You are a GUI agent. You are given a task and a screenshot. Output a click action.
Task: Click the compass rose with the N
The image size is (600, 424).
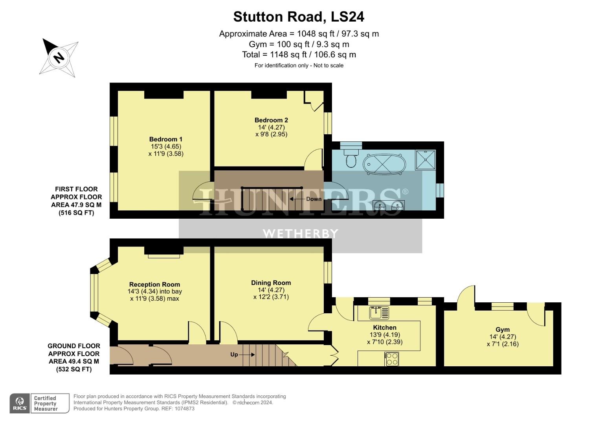pyautogui.click(x=59, y=57)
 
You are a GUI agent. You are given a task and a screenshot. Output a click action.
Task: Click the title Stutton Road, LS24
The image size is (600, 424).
pyautogui.click(x=299, y=16)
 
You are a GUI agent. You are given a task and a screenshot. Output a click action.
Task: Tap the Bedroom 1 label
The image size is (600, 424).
pyautogui.click(x=165, y=139)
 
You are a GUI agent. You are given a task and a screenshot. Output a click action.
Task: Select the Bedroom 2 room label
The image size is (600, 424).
pyautogui.click(x=271, y=120)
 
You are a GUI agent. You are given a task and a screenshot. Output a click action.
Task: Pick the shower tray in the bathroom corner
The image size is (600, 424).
pyautogui.click(x=426, y=159)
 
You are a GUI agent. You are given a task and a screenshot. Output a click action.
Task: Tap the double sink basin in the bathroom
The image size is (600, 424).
pyautogui.click(x=388, y=205)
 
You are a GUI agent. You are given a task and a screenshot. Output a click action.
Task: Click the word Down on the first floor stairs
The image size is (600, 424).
pyautogui.click(x=314, y=199)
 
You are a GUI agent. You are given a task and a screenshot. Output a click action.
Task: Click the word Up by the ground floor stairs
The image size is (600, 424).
pyautogui.click(x=234, y=355)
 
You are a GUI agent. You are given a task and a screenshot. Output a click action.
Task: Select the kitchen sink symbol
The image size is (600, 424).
pyautogui.click(x=379, y=313)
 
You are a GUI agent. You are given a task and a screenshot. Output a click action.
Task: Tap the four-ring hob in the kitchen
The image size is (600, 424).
pyautogui.click(x=392, y=359)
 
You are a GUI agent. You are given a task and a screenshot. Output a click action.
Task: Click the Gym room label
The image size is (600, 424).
pyautogui.click(x=502, y=330)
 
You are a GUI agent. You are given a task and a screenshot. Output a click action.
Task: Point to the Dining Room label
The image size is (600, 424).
pyautogui.click(x=271, y=283)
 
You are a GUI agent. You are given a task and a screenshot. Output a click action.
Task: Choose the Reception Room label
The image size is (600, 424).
pyautogui.click(x=154, y=285)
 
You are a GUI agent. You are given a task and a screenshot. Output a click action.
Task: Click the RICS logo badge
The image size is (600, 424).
pyautogui.click(x=20, y=403)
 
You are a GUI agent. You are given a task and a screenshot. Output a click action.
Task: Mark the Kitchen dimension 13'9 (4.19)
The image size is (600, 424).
pyautogui.click(x=385, y=335)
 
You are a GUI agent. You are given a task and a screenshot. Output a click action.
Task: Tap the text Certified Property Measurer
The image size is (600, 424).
pyautogui.click(x=46, y=403)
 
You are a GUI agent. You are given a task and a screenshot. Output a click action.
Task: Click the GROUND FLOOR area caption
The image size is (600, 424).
pyautogui.click(x=73, y=357)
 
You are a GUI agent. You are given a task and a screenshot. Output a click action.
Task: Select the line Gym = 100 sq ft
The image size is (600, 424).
pyautogui.click(x=299, y=44)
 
